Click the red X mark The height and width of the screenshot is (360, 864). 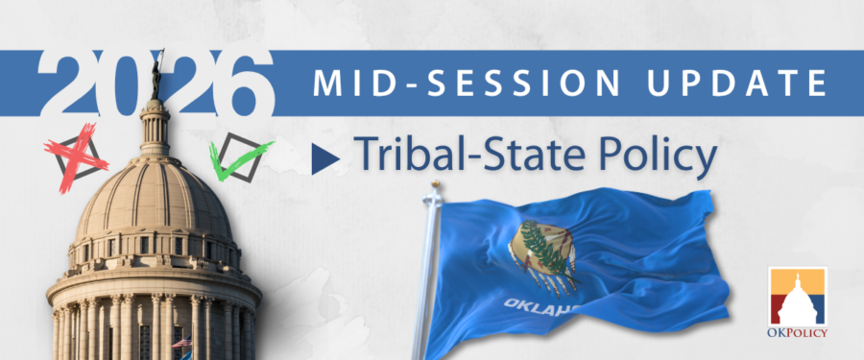tap(75, 156)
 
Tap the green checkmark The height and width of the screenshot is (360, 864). tap(238, 157)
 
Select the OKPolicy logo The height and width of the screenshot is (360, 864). tap(798, 301)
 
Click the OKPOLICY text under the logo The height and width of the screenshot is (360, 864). tap(798, 332)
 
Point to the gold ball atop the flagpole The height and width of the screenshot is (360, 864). tap(435, 183)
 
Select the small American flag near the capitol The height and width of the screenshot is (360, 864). tap(181, 341)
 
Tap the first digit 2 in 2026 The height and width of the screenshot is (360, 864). tap(66, 83)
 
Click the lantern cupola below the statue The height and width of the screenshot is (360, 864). tap(156, 127)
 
